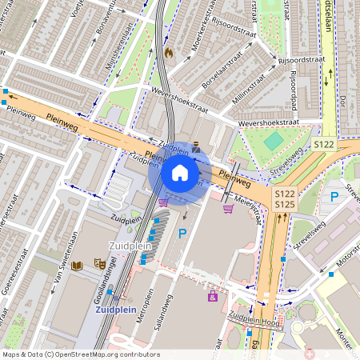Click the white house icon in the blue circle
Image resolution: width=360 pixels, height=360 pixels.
click(x=180, y=172)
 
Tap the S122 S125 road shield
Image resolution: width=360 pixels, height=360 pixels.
click(x=284, y=200)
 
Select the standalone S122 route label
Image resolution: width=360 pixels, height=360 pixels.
click(x=323, y=144)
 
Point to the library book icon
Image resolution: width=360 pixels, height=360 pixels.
click(x=77, y=265)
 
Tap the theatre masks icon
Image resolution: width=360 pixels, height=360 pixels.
click(x=100, y=262)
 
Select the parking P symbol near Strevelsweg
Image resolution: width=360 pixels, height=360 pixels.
click(x=334, y=195)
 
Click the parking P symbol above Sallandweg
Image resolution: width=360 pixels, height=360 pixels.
click(x=182, y=234)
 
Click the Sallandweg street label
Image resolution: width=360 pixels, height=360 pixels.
click(x=163, y=312)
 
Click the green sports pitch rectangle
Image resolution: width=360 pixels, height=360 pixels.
click(x=274, y=141)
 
